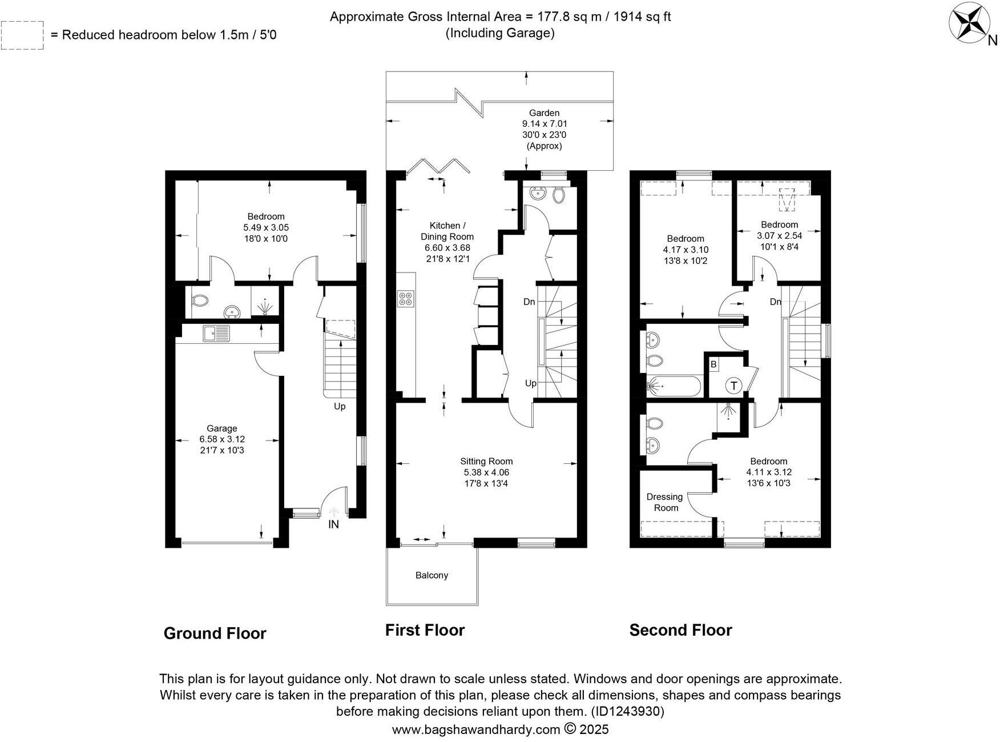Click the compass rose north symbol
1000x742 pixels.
click(970, 23)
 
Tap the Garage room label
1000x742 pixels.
click(222, 428)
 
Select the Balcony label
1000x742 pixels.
click(432, 575)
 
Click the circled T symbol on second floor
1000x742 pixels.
click(733, 386)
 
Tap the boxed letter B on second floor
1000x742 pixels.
click(713, 364)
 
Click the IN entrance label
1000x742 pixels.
click(333, 524)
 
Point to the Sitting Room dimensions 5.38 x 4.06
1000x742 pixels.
click(486, 472)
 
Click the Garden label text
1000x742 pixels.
click(544, 113)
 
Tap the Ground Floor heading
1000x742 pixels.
click(215, 633)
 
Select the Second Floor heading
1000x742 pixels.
click(680, 630)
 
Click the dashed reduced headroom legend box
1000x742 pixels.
click(22, 35)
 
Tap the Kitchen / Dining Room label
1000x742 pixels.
click(447, 231)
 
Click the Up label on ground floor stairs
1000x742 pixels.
click(340, 406)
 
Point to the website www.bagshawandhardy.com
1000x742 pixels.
click(476, 729)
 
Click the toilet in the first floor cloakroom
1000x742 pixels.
click(559, 195)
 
